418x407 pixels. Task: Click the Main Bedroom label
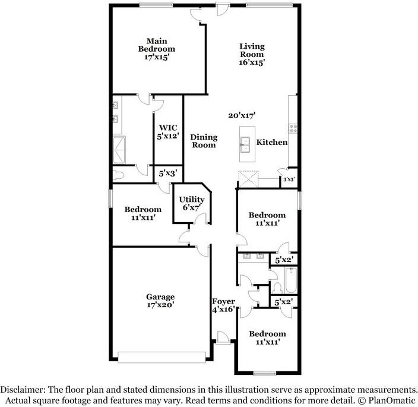tap(157, 49)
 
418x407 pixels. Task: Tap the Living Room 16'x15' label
tap(252, 54)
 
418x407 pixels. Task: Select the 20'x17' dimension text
tap(242, 115)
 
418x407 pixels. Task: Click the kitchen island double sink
tap(245, 144)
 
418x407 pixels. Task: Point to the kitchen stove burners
tap(293, 128)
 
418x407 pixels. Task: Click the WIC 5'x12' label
tap(168, 132)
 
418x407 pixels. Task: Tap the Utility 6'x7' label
tap(192, 203)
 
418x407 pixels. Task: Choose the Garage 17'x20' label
tap(160, 300)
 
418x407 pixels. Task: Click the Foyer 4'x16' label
tap(223, 305)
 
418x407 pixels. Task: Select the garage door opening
tap(162, 357)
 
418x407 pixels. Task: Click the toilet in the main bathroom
tap(118, 175)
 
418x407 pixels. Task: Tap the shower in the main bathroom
tap(119, 150)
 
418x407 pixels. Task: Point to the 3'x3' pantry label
tap(289, 179)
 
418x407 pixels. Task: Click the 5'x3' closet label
tap(168, 173)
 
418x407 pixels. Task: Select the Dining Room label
tap(204, 141)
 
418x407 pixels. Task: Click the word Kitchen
tap(272, 142)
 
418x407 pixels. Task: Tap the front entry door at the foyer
tap(223, 337)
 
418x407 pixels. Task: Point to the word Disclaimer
tap(23, 390)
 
